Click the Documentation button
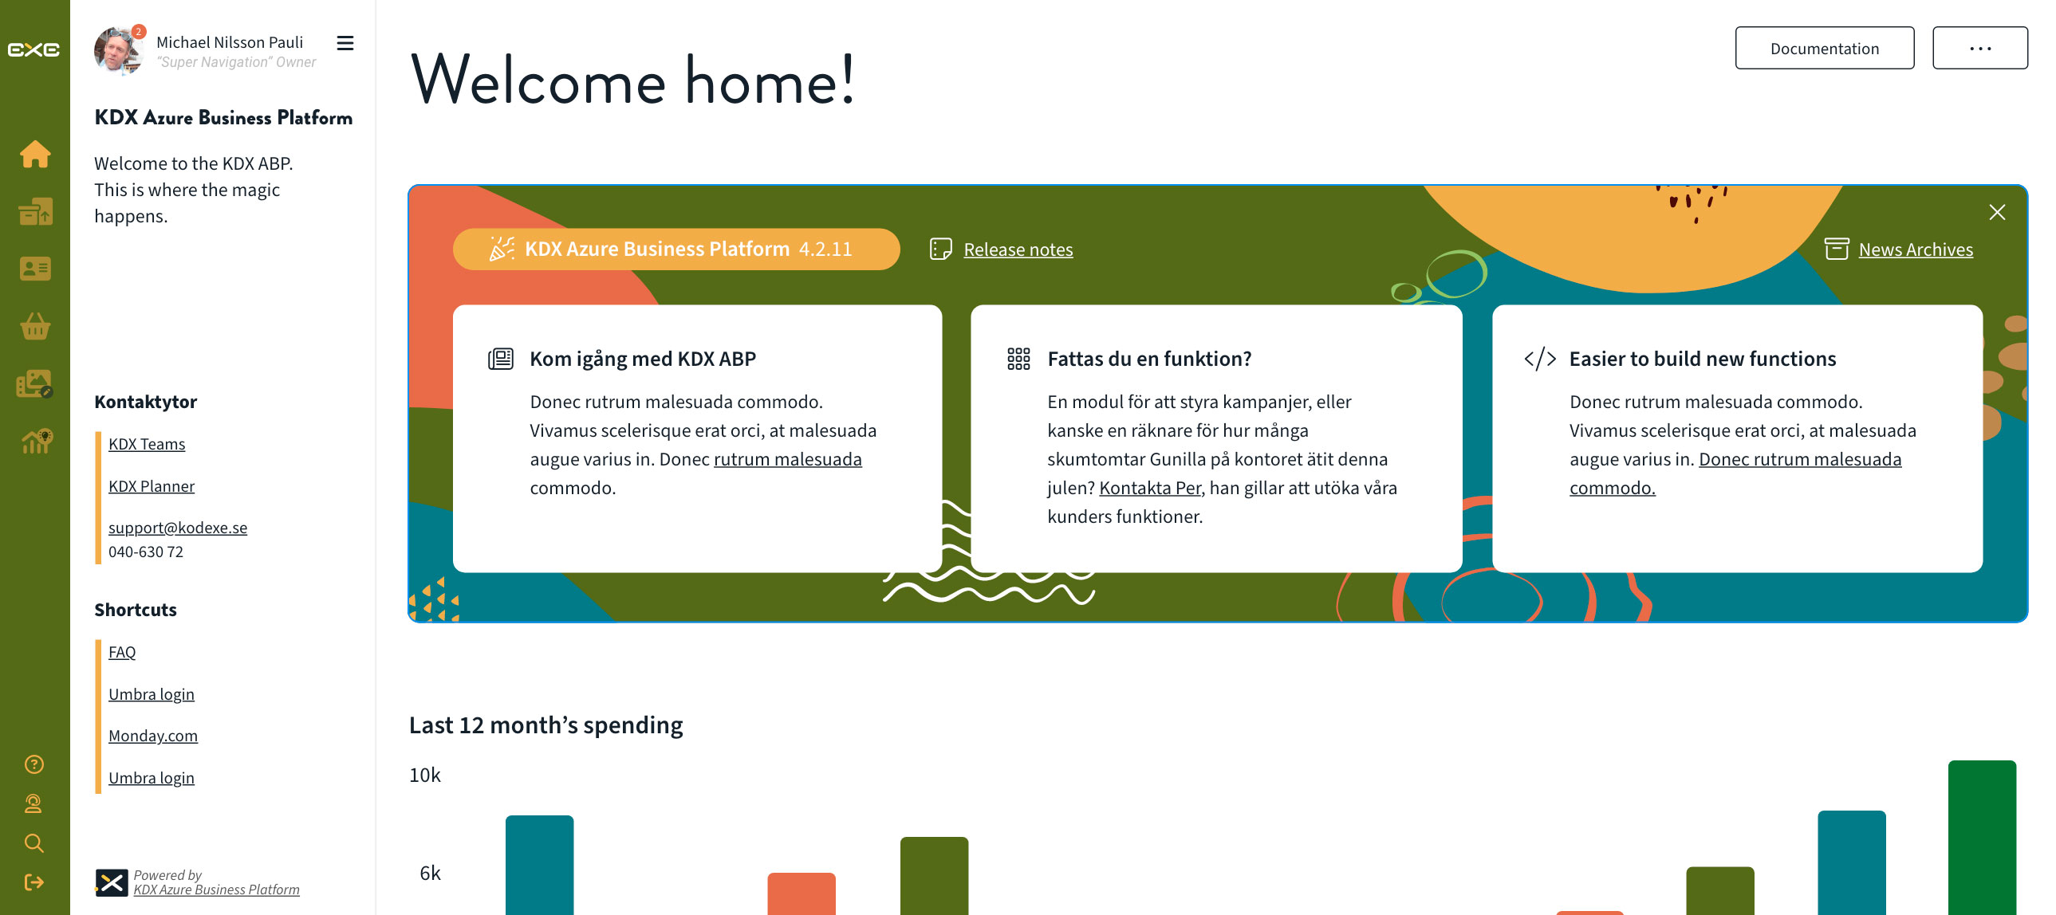click(x=1824, y=48)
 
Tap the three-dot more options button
click(x=1979, y=48)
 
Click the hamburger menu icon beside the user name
click(x=345, y=43)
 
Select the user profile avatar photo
click(x=118, y=51)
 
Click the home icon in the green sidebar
click(x=35, y=154)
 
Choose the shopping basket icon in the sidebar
click(x=35, y=326)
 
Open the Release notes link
click(x=1018, y=249)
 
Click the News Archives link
click(x=1916, y=249)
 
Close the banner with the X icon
click(x=1997, y=212)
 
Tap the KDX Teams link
click(x=147, y=444)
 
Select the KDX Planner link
click(x=152, y=487)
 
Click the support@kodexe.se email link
click(x=178, y=528)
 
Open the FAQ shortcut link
click(x=122, y=653)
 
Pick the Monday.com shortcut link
click(x=153, y=736)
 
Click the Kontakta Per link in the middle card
click(x=1150, y=489)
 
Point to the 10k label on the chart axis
click(x=424, y=776)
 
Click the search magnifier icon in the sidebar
click(x=33, y=843)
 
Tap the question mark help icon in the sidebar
click(x=33, y=764)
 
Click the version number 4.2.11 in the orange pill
click(x=825, y=249)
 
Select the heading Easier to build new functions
click(x=1703, y=359)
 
